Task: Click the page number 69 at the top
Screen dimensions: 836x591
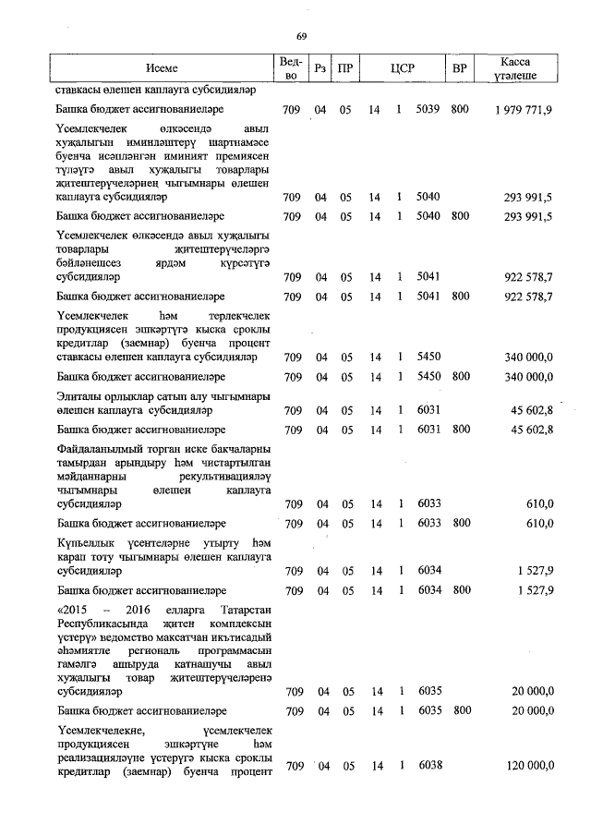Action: pyautogui.click(x=301, y=36)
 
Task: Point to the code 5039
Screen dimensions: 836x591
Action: pyautogui.click(x=428, y=110)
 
